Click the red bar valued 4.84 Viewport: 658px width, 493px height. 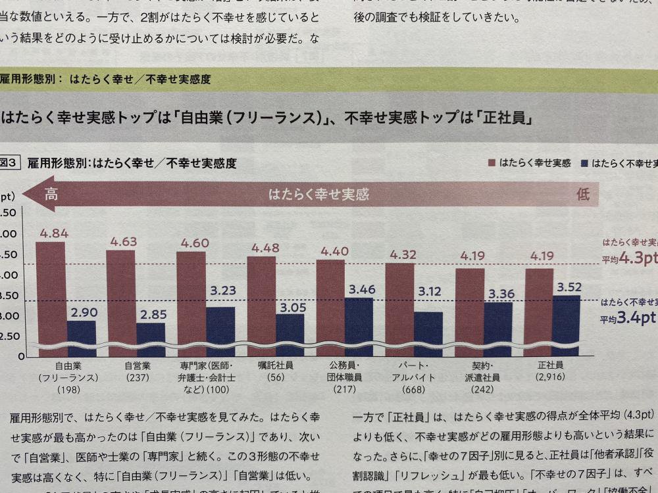[x=50, y=296]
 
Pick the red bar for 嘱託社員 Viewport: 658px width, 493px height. [x=261, y=302]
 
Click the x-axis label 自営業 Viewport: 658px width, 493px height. [x=138, y=365]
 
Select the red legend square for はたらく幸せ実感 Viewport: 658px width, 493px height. [x=492, y=162]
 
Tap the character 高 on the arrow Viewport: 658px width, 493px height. [x=51, y=195]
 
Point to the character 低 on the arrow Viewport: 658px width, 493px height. [x=583, y=195]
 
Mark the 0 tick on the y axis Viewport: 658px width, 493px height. [x=21, y=356]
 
